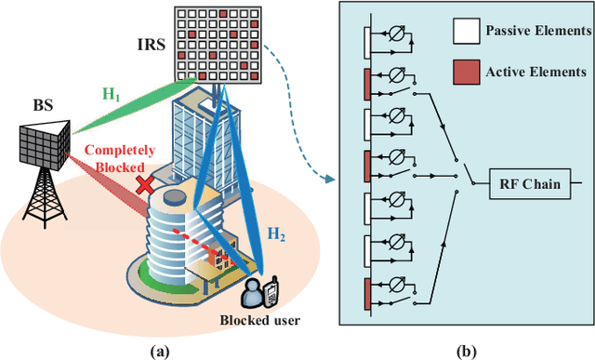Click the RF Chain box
point(526,184)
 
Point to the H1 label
point(112,93)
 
